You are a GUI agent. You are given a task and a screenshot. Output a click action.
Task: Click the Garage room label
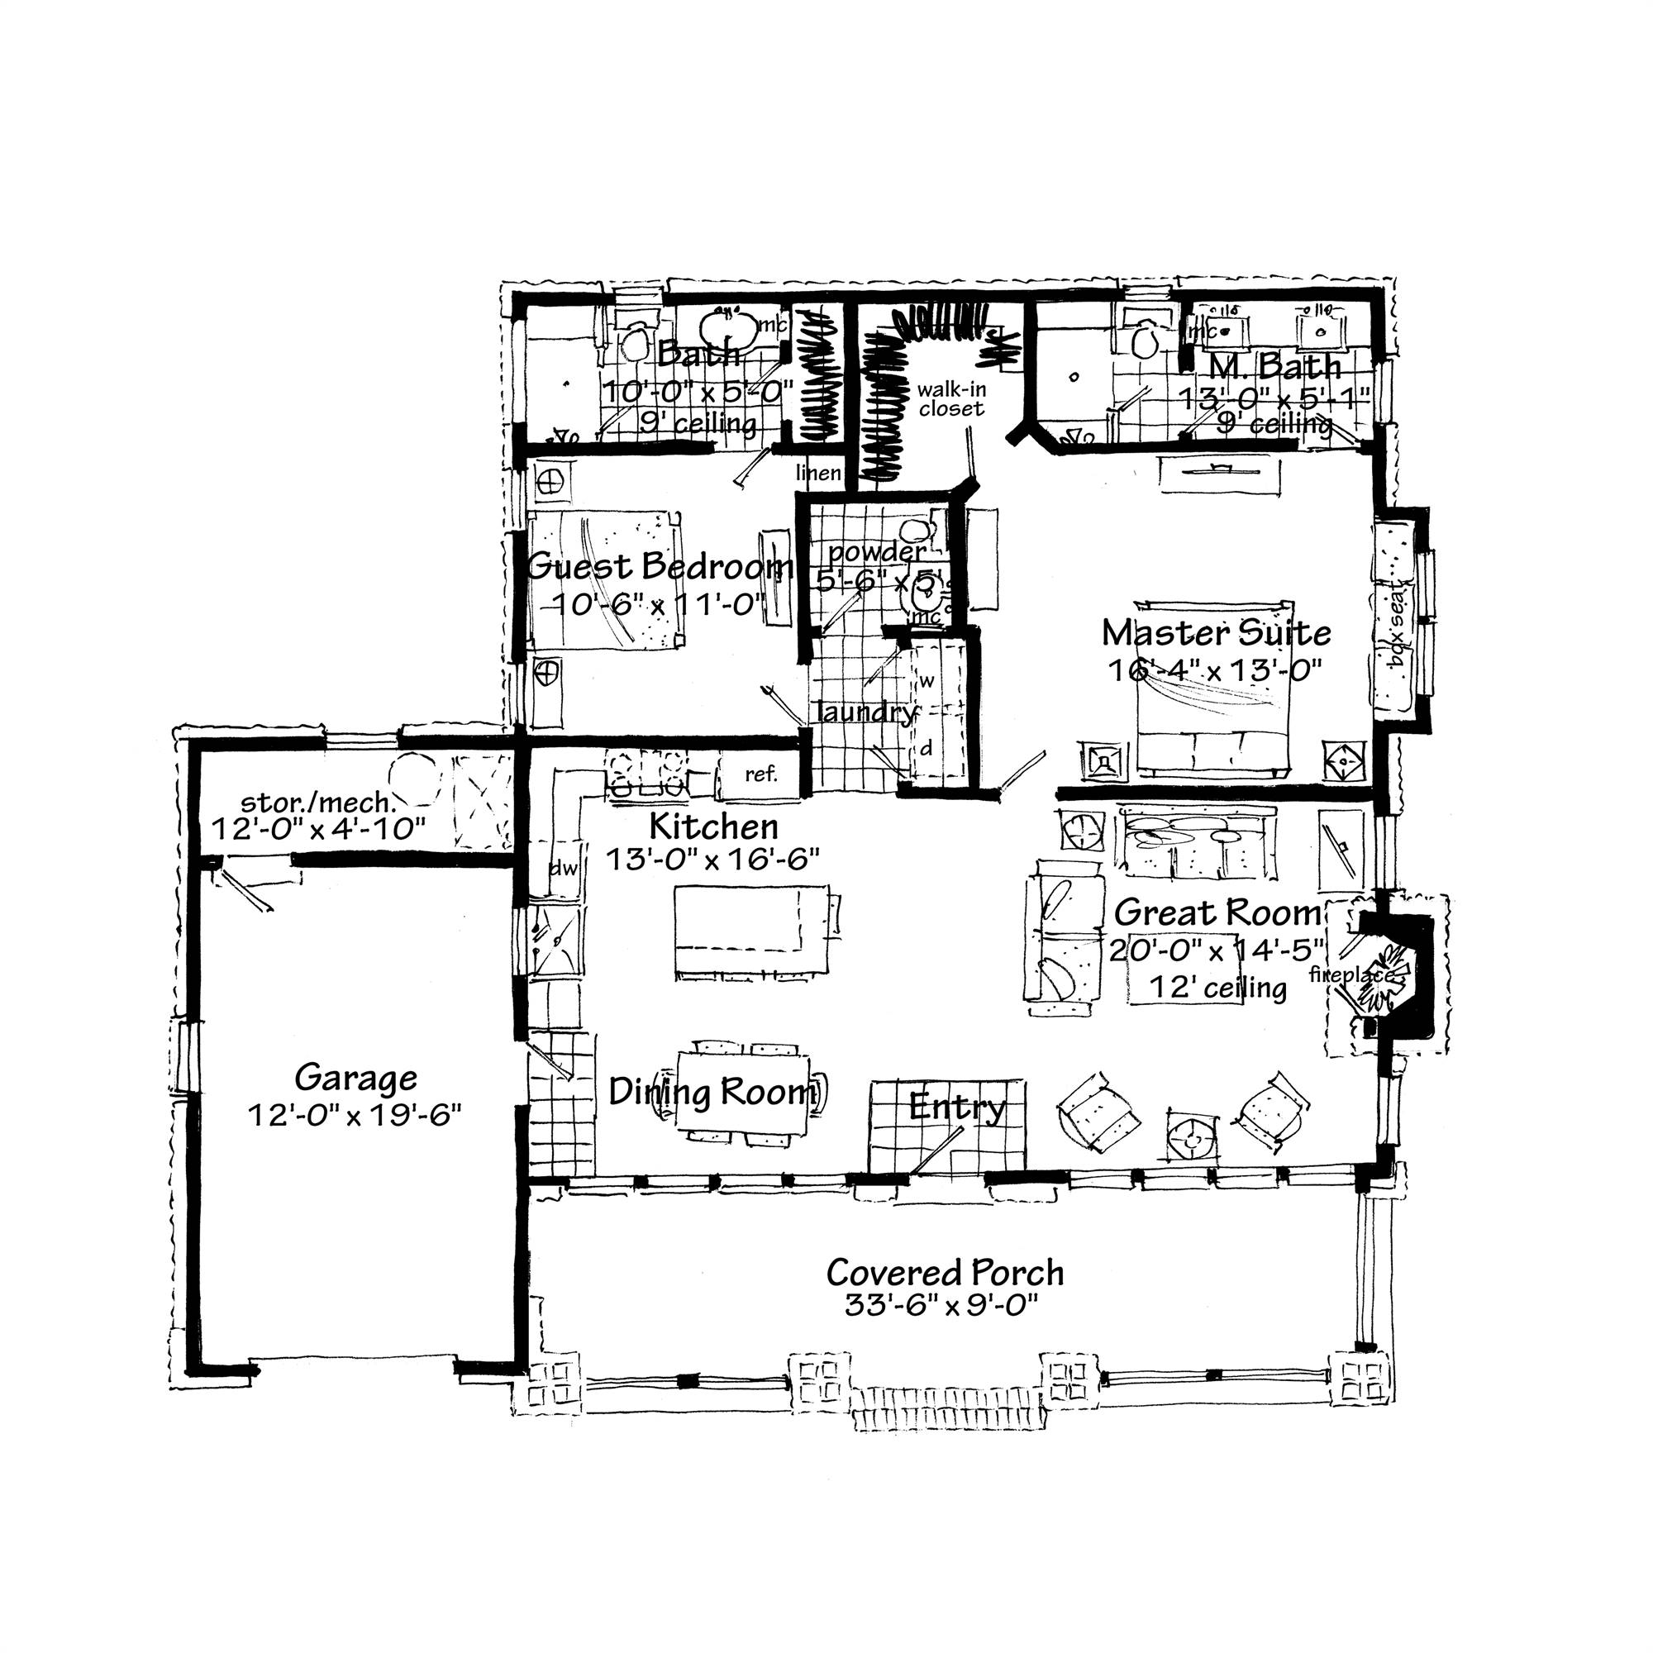coord(355,1077)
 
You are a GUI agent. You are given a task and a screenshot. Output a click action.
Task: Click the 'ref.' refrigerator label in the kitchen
coord(760,774)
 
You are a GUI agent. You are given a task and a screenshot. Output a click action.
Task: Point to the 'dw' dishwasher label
coord(563,869)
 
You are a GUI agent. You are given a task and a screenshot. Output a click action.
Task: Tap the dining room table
coord(743,1091)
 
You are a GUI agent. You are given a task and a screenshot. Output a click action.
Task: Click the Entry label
coord(956,1107)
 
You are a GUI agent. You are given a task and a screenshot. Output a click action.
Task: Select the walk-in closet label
coord(951,398)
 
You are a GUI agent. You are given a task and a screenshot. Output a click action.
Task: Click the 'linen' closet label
coord(818,472)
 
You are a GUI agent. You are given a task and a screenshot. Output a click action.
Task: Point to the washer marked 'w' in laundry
coord(927,682)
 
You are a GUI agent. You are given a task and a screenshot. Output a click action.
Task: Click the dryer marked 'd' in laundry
coord(926,748)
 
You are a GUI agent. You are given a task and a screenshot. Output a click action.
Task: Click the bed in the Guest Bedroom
coord(603,582)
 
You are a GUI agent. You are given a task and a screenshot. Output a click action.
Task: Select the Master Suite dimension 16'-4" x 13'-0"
coord(1215,669)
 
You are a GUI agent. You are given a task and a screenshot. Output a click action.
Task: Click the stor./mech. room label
coord(318,802)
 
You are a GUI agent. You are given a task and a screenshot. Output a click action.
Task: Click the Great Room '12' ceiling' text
coord(1217,988)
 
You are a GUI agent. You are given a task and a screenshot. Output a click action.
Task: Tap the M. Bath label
coord(1274,366)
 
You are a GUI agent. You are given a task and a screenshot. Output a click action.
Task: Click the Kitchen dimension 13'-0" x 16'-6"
coord(712,858)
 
